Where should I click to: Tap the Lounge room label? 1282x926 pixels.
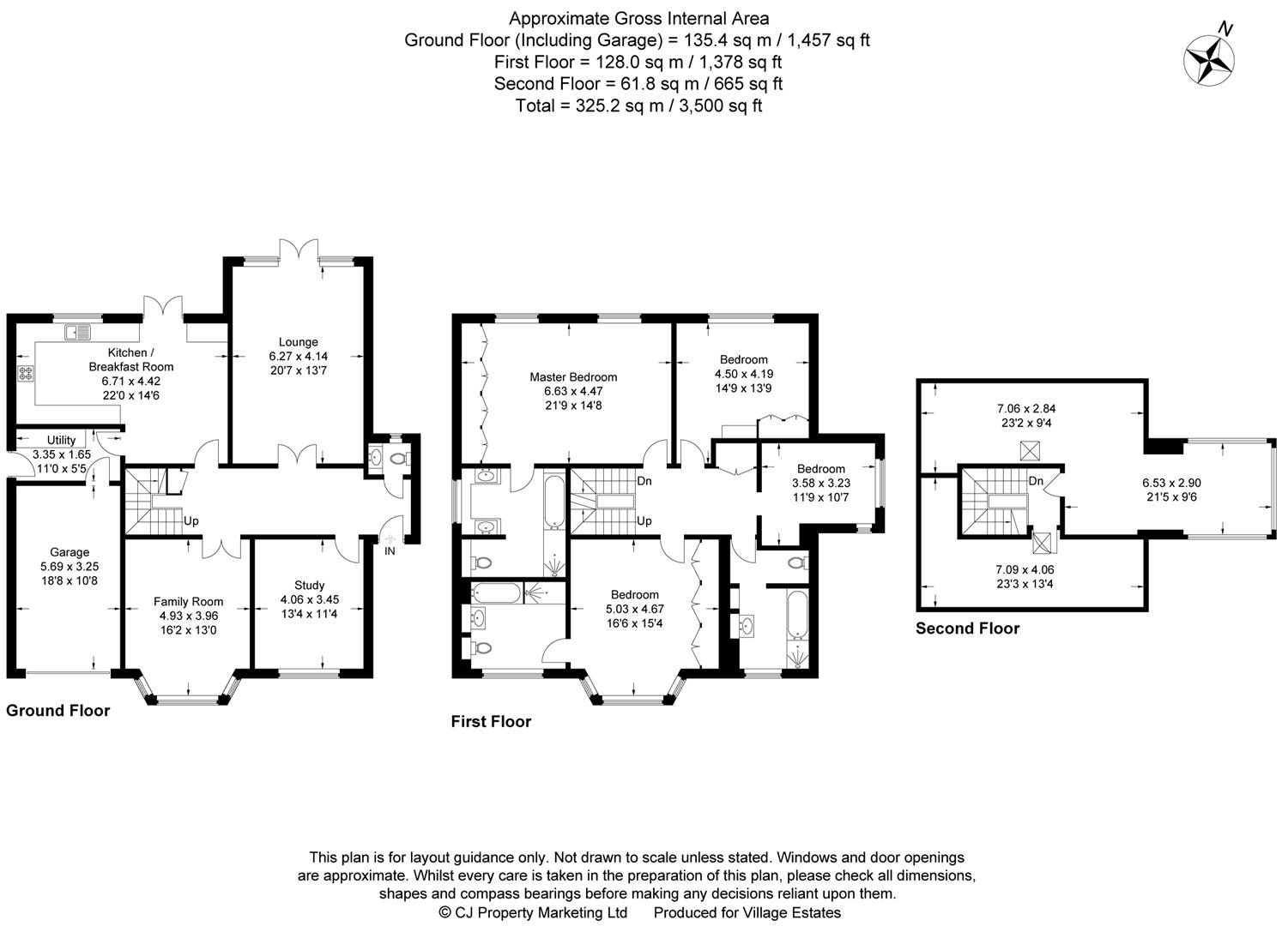[x=298, y=342]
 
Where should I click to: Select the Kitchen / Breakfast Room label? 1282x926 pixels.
[x=130, y=359]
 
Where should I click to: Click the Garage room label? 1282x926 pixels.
[x=70, y=552]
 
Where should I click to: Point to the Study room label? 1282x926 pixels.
[x=309, y=586]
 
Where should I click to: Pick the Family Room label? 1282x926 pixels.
[x=188, y=601]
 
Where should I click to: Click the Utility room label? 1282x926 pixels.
[x=61, y=440]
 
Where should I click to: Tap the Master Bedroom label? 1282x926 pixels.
[x=572, y=376]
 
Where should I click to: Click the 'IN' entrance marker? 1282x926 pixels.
[x=390, y=550]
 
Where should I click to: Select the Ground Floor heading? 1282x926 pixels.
[x=58, y=710]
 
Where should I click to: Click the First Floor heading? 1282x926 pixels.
[x=491, y=721]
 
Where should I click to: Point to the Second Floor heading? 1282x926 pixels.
[x=967, y=628]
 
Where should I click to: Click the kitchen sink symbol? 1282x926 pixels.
[x=77, y=332]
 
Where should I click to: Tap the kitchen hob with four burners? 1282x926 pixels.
[x=26, y=373]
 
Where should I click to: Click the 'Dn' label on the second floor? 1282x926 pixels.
[x=1036, y=481]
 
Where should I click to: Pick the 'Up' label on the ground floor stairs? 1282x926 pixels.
[x=190, y=520]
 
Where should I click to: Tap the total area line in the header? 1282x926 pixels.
[x=638, y=105]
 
